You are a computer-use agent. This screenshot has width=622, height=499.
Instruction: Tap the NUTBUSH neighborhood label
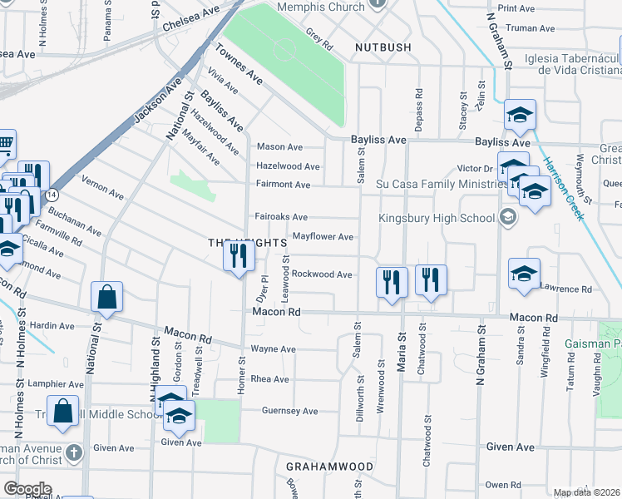click(x=383, y=47)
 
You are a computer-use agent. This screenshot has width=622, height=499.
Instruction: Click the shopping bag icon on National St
click(x=107, y=297)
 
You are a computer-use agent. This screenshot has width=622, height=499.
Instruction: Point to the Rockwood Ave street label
click(x=322, y=274)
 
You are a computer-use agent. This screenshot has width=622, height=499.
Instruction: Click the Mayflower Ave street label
click(x=323, y=237)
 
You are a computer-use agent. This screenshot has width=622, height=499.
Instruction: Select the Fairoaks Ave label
click(x=281, y=216)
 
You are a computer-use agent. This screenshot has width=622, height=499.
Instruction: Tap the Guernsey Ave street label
click(x=290, y=411)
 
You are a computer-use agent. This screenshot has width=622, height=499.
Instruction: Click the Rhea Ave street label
click(x=269, y=379)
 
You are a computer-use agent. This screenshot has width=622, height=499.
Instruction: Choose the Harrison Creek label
click(x=562, y=189)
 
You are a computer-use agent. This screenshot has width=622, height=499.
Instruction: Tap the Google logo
click(x=27, y=488)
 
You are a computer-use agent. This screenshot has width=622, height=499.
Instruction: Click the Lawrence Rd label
click(x=565, y=289)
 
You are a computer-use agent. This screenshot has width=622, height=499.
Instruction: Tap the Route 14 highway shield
click(x=52, y=194)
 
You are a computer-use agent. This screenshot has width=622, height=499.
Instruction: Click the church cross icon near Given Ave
click(x=74, y=454)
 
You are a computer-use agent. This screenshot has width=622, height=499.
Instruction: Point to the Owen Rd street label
click(x=502, y=484)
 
